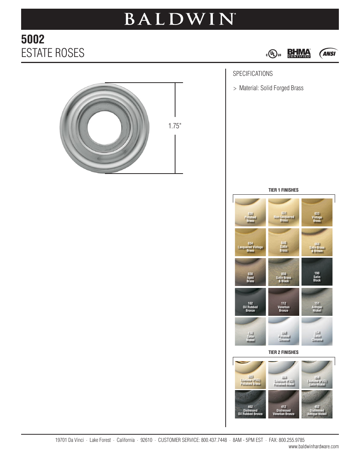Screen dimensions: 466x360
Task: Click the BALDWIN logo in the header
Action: pyautogui.click(x=180, y=19)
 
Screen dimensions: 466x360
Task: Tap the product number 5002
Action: pyautogui.click(x=33, y=39)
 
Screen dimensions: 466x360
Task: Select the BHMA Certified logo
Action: pyautogui.click(x=299, y=53)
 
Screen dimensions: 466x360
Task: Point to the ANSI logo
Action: pyautogui.click(x=328, y=54)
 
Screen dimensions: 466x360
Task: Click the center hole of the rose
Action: pyautogui.click(x=105, y=128)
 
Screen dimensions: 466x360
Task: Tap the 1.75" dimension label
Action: pyautogui.click(x=175, y=126)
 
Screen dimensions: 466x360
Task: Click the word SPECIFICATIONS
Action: pyautogui.click(x=252, y=74)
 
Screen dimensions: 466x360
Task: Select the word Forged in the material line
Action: pyautogui.click(x=281, y=88)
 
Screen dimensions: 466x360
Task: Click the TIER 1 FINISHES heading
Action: pyautogui.click(x=283, y=190)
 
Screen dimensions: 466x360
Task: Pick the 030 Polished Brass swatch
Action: pyautogui.click(x=250, y=212)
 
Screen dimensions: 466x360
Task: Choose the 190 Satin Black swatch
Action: pyautogui.click(x=317, y=272)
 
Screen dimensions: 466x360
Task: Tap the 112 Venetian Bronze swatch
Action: pyautogui.click(x=283, y=302)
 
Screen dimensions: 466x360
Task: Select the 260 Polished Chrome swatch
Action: pyautogui.click(x=283, y=331)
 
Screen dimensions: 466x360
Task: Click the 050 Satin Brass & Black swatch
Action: pyautogui.click(x=283, y=272)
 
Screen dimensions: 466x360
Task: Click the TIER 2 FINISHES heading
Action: pyautogui.click(x=283, y=352)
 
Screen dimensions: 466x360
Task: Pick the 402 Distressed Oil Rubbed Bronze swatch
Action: pyautogui.click(x=250, y=404)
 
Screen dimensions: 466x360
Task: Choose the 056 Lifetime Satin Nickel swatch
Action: pyautogui.click(x=317, y=375)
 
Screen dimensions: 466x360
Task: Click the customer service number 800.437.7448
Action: pyautogui.click(x=214, y=440)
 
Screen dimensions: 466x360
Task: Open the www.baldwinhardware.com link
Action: pyautogui.click(x=314, y=447)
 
